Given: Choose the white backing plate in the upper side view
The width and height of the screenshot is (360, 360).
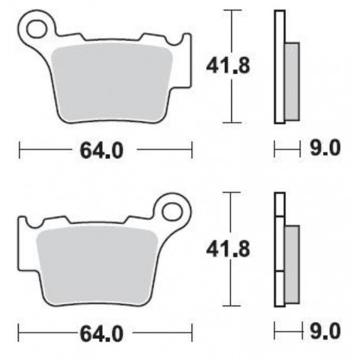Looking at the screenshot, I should pos(278,67).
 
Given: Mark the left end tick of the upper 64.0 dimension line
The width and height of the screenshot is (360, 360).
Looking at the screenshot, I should pos(19,149).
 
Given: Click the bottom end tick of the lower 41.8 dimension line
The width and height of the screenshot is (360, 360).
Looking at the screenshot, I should pos(230,307).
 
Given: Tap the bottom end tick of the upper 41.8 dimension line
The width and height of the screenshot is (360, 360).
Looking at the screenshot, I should pos(230,123).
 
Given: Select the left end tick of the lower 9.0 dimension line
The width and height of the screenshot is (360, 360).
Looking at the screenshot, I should pos(274,330).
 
